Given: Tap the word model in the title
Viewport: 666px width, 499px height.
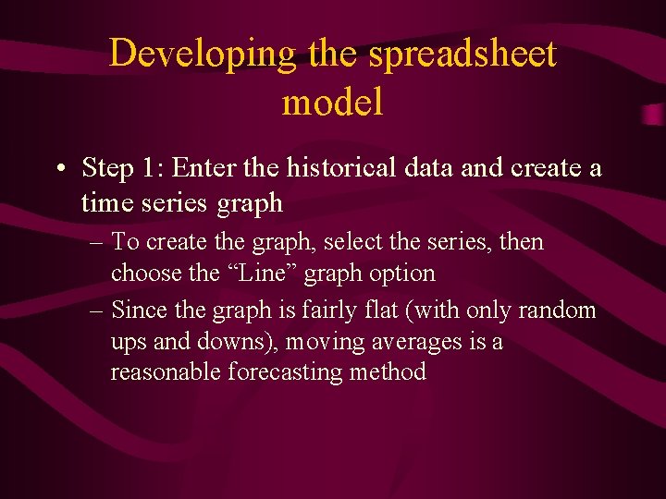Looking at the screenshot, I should [332, 103].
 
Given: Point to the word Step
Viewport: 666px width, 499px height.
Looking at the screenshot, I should [107, 169].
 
